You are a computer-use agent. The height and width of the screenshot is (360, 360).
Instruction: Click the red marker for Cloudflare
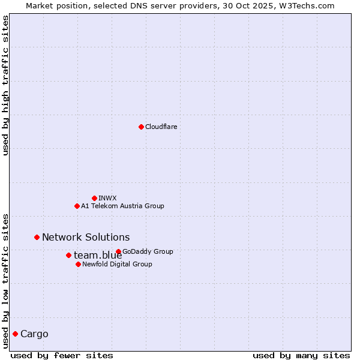click(x=141, y=127)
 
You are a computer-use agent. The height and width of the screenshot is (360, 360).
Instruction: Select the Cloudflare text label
click(x=161, y=127)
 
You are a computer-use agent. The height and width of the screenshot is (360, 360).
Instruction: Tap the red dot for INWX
click(x=94, y=198)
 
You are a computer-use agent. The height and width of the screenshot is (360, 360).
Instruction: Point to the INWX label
click(x=107, y=198)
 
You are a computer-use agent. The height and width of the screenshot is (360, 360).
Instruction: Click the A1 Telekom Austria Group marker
click(x=77, y=206)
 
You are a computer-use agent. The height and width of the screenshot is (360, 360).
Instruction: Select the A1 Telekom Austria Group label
click(x=122, y=206)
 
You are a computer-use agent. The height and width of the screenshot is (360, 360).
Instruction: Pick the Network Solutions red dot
click(x=37, y=237)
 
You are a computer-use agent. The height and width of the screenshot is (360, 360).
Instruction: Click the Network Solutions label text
click(x=86, y=237)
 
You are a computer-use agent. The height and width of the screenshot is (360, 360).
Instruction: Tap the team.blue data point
click(x=68, y=255)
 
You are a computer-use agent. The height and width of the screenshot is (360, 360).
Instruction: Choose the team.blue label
click(x=98, y=256)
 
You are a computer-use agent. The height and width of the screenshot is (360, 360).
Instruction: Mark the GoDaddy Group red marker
click(x=118, y=251)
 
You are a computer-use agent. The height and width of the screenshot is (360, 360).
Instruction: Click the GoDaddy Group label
click(x=148, y=251)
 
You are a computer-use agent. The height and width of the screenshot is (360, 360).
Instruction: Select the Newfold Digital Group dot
click(x=78, y=264)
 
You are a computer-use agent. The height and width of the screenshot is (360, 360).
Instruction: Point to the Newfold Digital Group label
click(x=117, y=264)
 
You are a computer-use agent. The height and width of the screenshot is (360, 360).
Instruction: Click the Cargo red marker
click(x=15, y=334)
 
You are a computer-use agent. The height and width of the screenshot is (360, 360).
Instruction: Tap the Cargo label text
click(x=34, y=334)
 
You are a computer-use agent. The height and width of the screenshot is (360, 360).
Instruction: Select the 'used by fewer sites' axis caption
click(x=62, y=355)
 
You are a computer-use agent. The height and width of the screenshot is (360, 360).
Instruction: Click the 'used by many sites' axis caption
click(x=301, y=355)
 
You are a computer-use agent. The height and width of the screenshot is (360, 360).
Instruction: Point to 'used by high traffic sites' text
click(x=5, y=85)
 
